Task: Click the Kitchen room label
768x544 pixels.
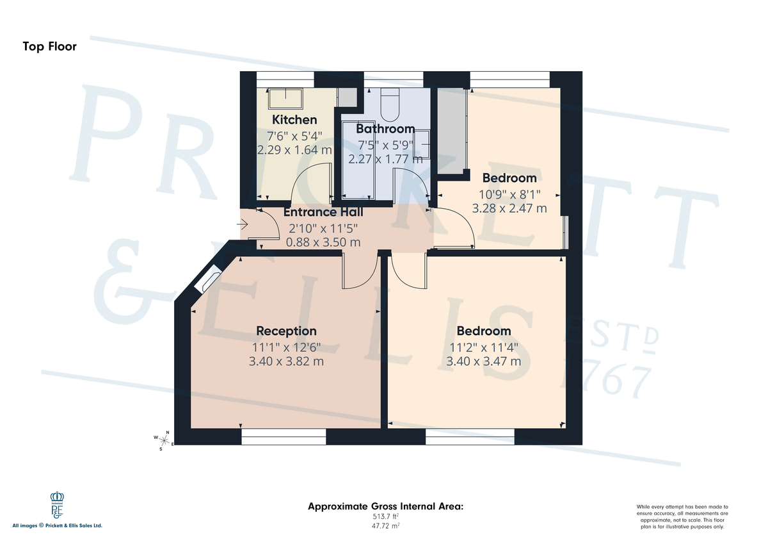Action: coord(294,120)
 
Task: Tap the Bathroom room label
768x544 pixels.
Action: coord(385,129)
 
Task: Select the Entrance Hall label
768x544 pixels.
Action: coord(323,212)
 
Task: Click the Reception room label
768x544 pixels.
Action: coord(286,331)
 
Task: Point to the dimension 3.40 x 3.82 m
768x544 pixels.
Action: coord(286,361)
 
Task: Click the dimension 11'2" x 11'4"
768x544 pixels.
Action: coord(483,347)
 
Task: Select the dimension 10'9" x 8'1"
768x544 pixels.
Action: coord(509,194)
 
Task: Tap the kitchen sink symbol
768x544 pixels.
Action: coord(284,98)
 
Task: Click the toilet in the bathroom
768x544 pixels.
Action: coord(390,103)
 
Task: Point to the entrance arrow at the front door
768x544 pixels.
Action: coord(243,224)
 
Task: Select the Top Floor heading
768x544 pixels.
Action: coord(49,46)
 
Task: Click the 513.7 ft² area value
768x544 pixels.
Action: coord(385,516)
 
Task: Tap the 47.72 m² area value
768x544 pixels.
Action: coord(385,525)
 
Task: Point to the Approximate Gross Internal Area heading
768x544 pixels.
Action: coord(385,506)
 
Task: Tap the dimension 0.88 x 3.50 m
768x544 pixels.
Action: coord(323,242)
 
